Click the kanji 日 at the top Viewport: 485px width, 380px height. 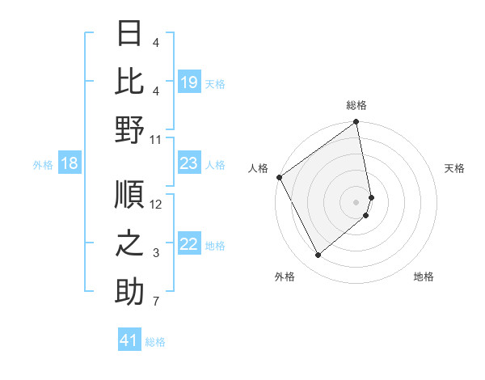coord(129,33)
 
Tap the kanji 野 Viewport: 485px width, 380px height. coord(129,129)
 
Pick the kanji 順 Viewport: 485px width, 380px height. coord(129,194)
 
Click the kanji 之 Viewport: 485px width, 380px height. coord(129,243)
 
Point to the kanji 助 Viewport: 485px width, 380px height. coord(129,292)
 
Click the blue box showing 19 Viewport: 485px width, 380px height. coord(189,82)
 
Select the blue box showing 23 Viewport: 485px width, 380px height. coord(189,164)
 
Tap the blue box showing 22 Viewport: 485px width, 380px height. coord(189,245)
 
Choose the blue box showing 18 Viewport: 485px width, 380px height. coord(69,164)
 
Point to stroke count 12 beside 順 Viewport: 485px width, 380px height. coord(156,204)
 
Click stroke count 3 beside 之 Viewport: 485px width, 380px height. coord(156,254)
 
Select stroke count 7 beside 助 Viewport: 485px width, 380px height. coord(156,302)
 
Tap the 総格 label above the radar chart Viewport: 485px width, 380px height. coord(356,105)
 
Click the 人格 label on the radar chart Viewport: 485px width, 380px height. coord(259,168)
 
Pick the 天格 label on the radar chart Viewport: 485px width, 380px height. coord(454,168)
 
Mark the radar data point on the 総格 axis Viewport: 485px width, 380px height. coord(356,123)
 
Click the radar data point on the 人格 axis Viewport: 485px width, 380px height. coord(279,177)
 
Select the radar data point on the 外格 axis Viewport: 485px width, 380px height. coord(318,255)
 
